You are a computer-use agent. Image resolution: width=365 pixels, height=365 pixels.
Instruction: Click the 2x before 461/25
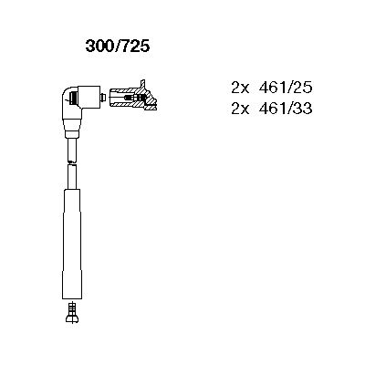pos(240,88)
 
